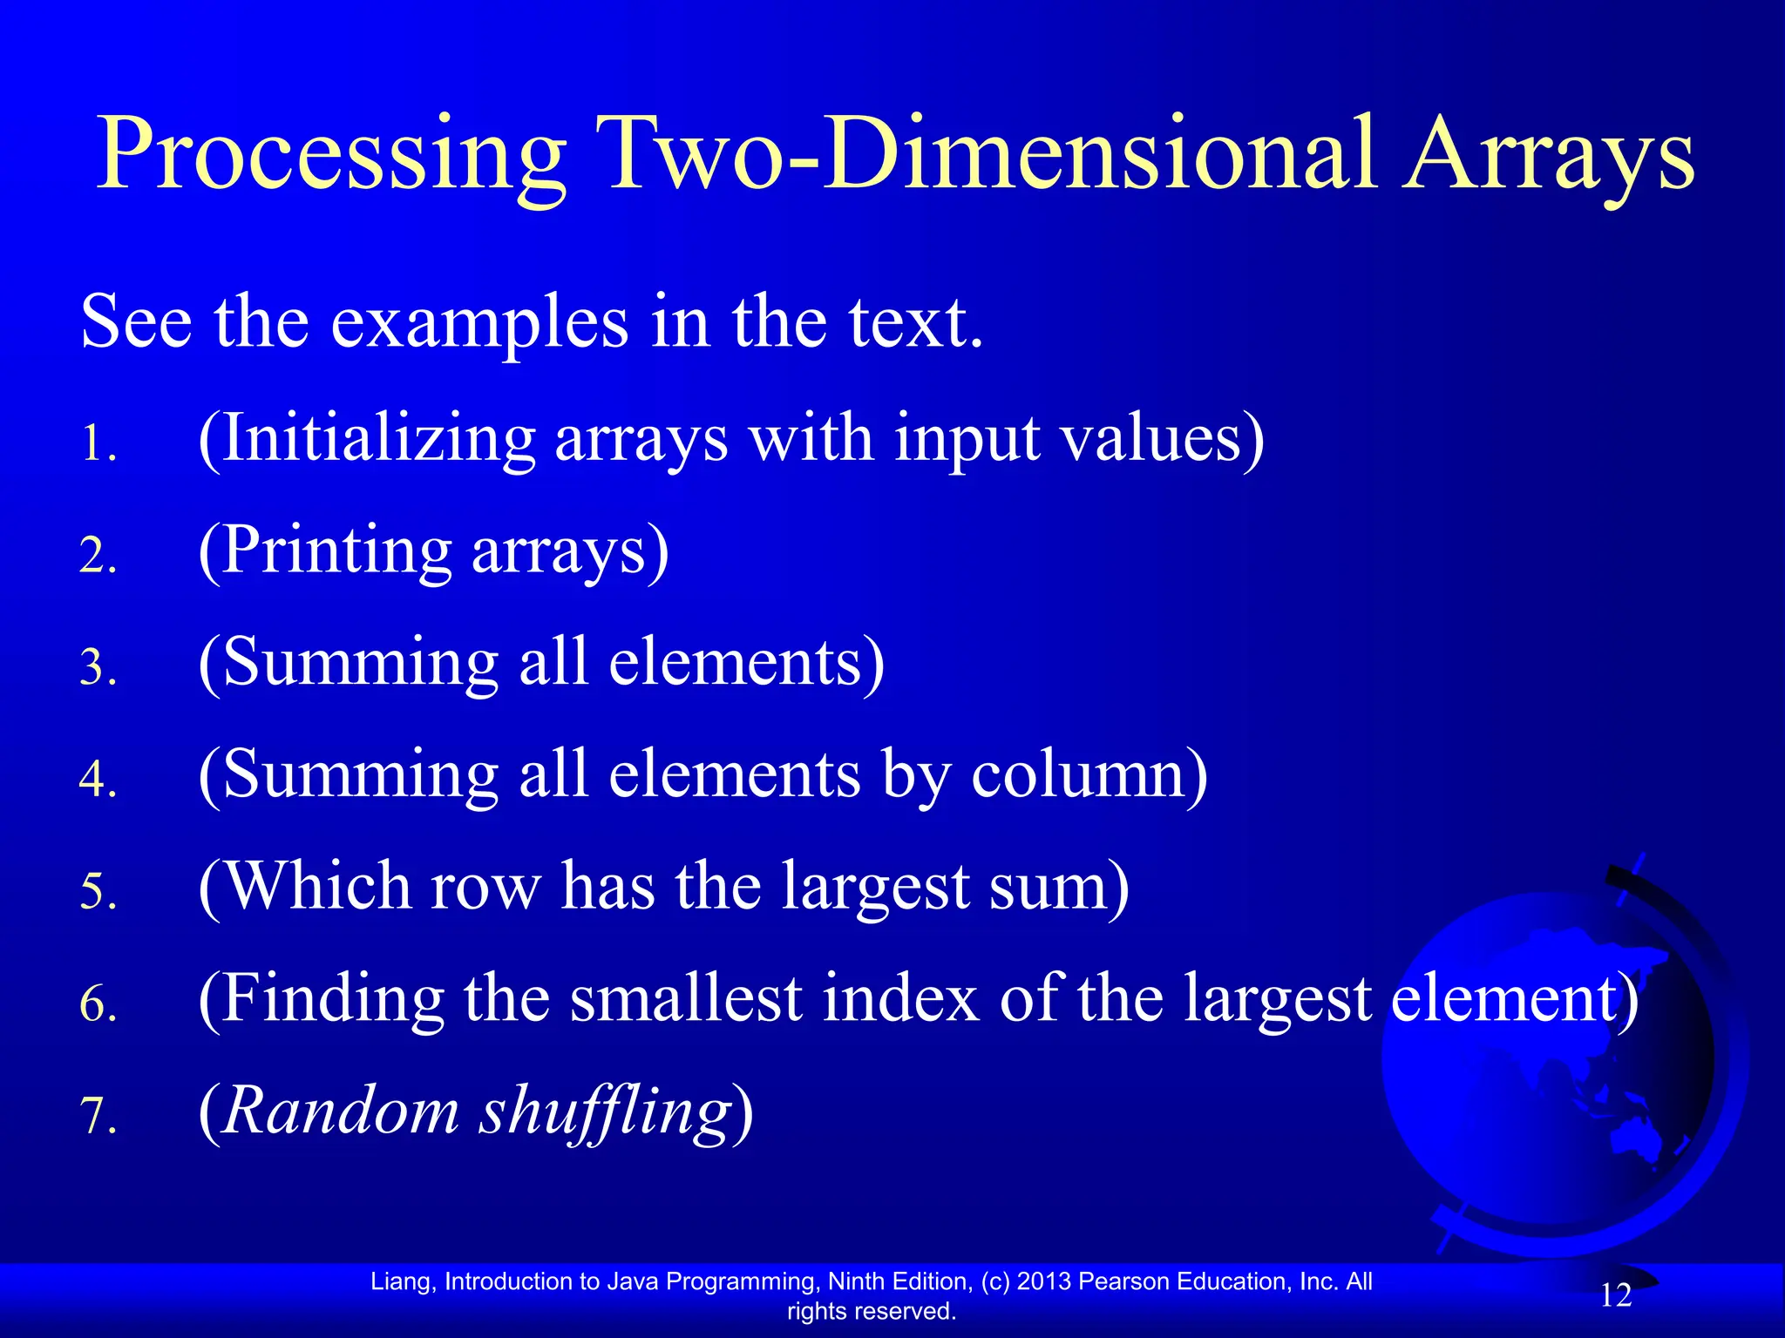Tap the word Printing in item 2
336,551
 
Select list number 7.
98,1116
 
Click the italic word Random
340,1111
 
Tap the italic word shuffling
606,1112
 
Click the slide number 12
1615,1295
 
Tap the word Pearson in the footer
1123,1281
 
